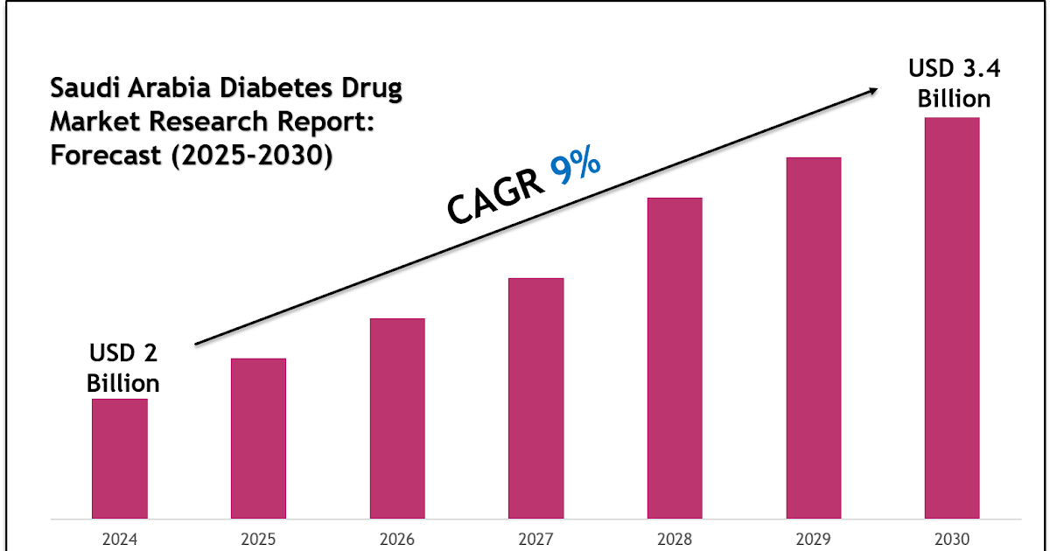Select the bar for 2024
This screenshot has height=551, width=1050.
coord(120,458)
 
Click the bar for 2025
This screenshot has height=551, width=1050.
coord(258,438)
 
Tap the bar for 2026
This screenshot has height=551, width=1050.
coord(397,418)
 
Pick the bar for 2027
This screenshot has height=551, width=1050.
coord(535,398)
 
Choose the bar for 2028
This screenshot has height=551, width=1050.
coord(675,358)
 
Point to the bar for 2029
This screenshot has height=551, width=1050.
coord(813,338)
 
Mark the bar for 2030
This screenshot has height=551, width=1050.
coord(952,317)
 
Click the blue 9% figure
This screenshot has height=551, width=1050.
coord(575,167)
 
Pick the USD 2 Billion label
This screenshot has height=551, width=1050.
coord(123,368)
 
